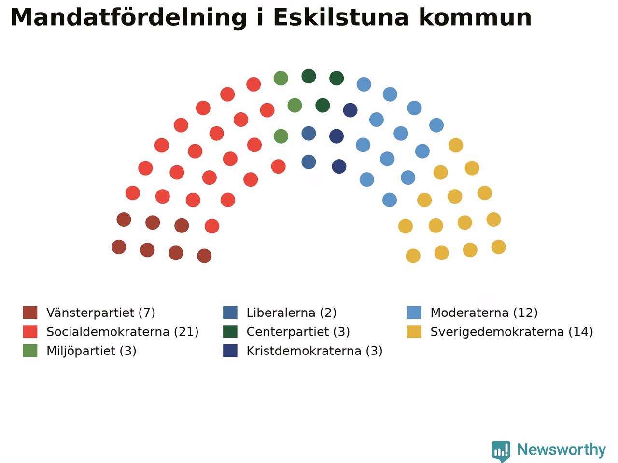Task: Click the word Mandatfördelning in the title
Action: [128, 18]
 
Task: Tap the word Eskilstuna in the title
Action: [341, 17]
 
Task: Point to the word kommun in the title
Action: [475, 17]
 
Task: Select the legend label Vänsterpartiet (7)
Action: [101, 313]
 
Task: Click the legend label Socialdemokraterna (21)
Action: [123, 332]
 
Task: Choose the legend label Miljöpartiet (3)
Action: [91, 351]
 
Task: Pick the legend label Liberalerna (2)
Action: [292, 313]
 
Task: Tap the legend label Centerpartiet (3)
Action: [298, 332]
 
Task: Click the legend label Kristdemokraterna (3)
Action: [314, 351]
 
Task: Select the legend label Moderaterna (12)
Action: [484, 313]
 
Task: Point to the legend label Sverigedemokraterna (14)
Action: [512, 332]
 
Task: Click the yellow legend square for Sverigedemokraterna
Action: [414, 331]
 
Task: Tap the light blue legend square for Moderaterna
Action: [414, 313]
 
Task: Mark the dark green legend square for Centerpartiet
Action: [230, 331]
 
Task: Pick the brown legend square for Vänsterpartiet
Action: [30, 313]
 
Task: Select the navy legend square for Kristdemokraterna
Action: [230, 351]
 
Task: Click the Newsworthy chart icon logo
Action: [501, 450]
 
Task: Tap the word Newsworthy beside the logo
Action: [562, 449]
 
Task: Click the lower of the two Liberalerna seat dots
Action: [309, 162]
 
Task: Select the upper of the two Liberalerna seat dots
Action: [309, 133]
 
